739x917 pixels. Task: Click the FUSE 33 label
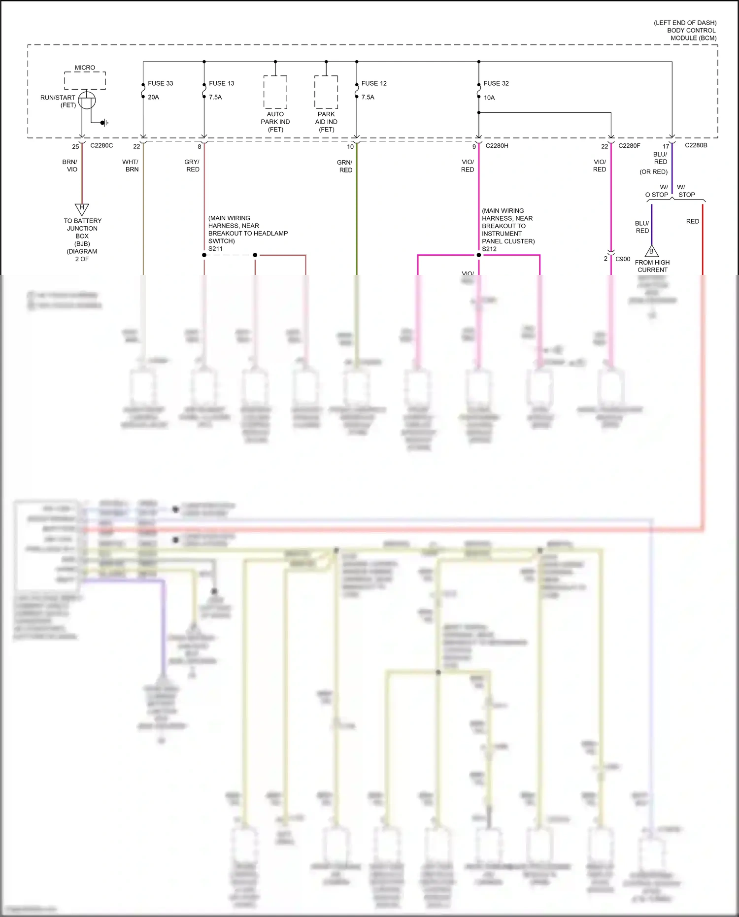[x=160, y=83]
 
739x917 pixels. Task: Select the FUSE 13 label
[x=221, y=83]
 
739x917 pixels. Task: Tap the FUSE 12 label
[x=373, y=83]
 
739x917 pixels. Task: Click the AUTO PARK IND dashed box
[x=275, y=92]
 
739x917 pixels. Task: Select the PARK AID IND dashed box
[x=326, y=92]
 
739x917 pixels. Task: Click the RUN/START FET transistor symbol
[x=87, y=101]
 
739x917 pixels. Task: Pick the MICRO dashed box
[x=85, y=80]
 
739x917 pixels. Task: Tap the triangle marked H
[x=82, y=208]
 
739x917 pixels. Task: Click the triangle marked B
[x=651, y=251]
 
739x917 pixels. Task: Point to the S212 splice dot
[x=478, y=255]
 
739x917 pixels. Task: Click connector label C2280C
[x=101, y=145]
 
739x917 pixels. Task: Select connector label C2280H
[x=497, y=145]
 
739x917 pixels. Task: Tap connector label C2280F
[x=629, y=145]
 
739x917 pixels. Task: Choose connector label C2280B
[x=696, y=145]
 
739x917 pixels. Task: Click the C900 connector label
[x=623, y=259]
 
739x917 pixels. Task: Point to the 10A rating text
[x=489, y=98]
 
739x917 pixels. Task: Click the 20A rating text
[x=153, y=97]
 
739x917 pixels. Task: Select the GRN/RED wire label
[x=345, y=166]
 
